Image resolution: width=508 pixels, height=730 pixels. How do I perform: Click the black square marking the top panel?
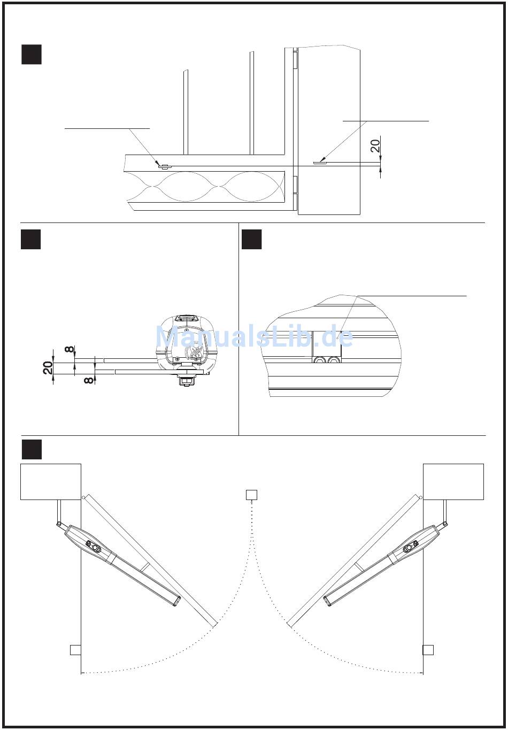32,55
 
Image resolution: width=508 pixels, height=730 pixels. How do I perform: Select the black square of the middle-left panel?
31,239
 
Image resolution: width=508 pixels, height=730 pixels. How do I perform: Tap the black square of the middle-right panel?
251,239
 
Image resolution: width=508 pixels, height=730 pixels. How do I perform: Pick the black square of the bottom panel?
32,449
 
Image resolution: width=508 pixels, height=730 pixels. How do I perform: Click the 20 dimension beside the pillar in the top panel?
375,145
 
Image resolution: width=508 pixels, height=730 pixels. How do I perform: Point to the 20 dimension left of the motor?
48,367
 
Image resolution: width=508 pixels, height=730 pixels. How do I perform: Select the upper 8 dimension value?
69,349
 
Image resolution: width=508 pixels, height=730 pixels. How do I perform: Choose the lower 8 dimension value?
89,380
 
